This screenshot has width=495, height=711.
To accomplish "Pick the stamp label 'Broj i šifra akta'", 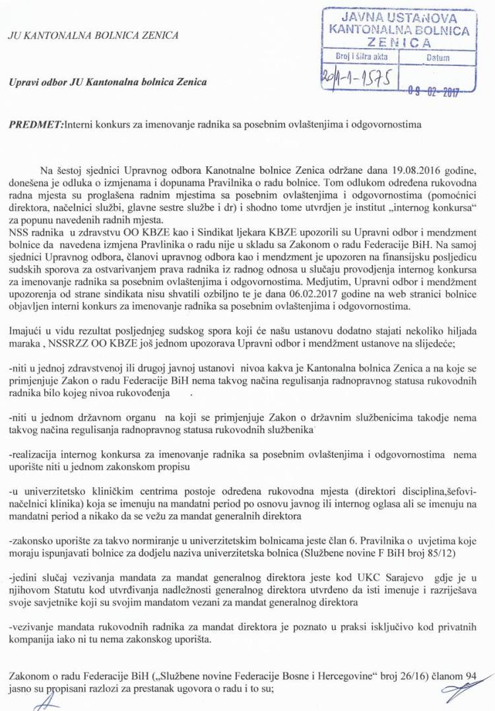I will tap(362, 57).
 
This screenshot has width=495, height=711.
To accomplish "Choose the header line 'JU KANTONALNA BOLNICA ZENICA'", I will tap(93, 35).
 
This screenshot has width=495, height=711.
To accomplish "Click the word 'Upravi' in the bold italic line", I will tap(25, 83).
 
